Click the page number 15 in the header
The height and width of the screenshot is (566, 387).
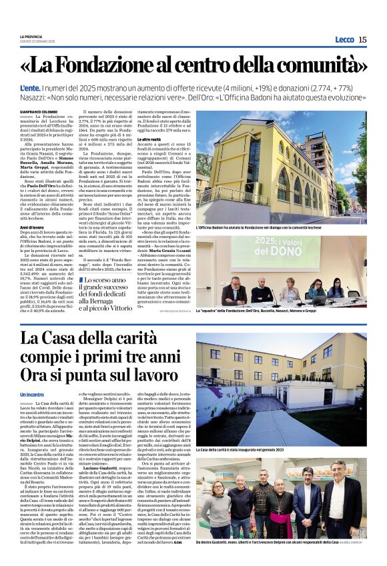point(362,39)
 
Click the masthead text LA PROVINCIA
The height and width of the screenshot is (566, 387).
point(31,36)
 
